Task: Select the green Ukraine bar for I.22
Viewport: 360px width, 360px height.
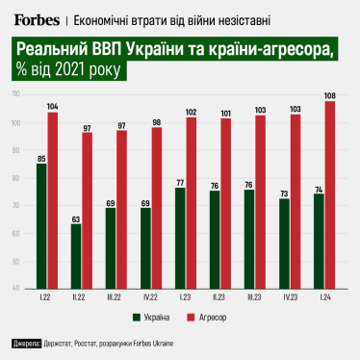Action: click(x=40, y=225)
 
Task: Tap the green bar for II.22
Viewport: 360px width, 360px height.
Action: click(x=76, y=255)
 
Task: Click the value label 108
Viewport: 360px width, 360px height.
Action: click(x=331, y=95)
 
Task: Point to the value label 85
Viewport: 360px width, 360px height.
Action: click(x=40, y=158)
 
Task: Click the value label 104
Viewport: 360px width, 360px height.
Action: click(x=52, y=106)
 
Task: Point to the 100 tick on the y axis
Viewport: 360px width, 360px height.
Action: click(x=16, y=123)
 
